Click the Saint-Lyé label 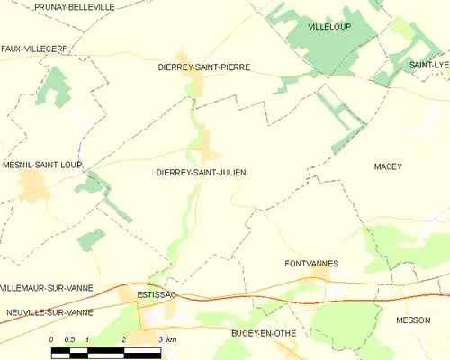428,66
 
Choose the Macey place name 388,166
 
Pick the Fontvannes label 310,264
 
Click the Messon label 413,319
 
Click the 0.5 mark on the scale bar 68,338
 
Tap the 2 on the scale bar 122,338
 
